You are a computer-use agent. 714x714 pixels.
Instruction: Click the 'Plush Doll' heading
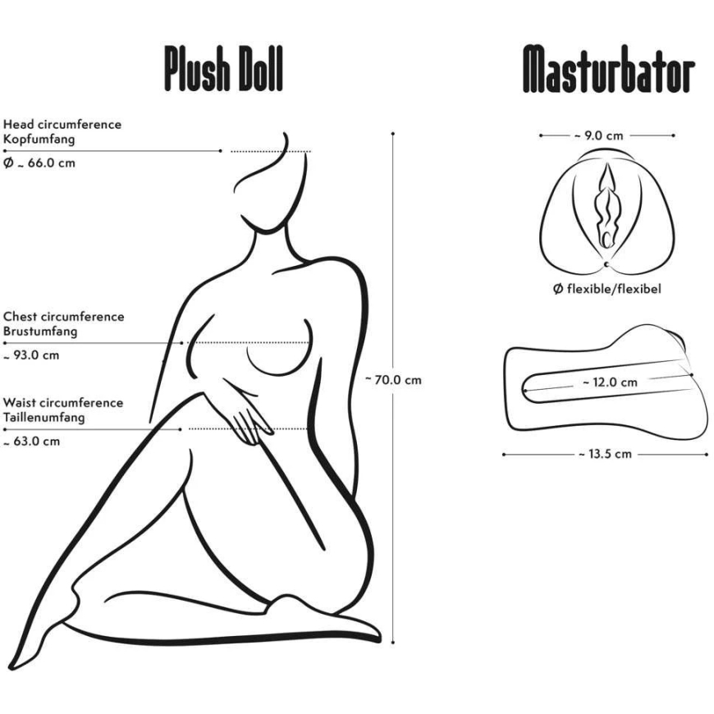pos(223,69)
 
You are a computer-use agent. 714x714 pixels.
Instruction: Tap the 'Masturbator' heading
pos(609,69)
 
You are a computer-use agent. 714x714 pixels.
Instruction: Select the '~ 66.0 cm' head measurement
pos(39,163)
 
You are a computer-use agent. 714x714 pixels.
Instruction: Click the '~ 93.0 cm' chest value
pos(31,355)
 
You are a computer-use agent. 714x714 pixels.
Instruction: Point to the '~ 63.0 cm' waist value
pos(31,442)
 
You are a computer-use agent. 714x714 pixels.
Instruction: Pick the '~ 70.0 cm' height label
pos(393,380)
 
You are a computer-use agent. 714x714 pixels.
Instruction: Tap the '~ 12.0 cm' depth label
pos(610,382)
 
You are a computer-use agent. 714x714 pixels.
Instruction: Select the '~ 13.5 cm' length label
pos(605,454)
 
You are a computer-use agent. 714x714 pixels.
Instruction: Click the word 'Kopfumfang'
pos(39,140)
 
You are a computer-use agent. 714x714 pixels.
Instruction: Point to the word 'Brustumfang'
pos(40,332)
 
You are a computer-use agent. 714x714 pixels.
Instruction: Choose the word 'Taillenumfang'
pos(43,418)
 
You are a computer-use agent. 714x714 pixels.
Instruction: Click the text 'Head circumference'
pos(62,124)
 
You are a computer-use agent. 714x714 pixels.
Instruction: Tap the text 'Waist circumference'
pos(63,402)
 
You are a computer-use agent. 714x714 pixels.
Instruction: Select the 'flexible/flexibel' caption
pos(607,289)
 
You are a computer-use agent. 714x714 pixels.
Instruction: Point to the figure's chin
pos(268,231)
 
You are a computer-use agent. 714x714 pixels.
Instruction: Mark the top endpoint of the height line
pos(392,134)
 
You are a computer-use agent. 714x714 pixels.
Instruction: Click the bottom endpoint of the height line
pos(392,643)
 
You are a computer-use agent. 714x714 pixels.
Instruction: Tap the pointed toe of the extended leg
pos(11,668)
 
